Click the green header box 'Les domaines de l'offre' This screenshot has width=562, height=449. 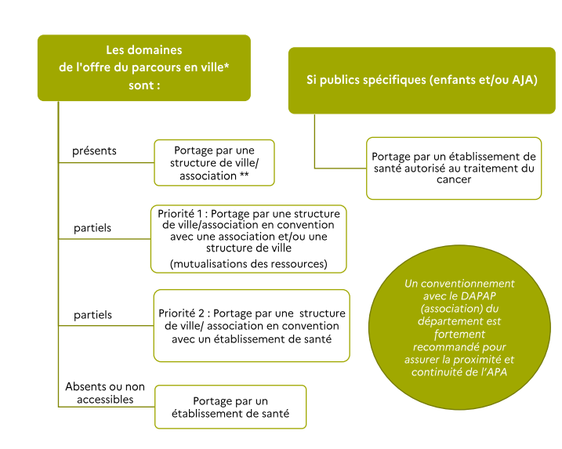coord(144,67)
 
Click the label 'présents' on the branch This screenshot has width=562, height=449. coord(94,150)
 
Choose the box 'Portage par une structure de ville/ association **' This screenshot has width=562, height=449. coord(214,163)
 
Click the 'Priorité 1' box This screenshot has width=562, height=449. coord(248,238)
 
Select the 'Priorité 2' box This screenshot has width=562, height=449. coord(252,325)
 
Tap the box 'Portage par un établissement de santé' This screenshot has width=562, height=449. coord(230,407)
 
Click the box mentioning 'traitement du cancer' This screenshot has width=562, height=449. coord(453,168)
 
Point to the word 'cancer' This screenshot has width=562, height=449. coord(454,179)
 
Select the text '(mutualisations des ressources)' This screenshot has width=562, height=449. coord(248,263)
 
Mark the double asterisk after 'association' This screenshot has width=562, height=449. coord(246,176)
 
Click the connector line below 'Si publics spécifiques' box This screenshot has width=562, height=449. coord(315,141)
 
